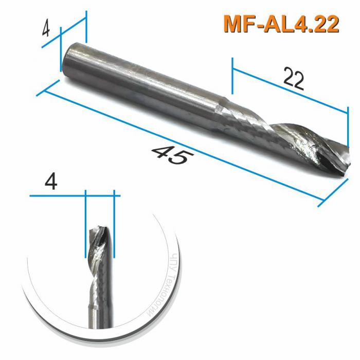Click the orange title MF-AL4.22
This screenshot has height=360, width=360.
[x=281, y=24]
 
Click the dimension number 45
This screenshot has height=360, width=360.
[x=170, y=155]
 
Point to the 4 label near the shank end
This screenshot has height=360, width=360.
[x=46, y=30]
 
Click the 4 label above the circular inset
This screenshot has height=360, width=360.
[x=51, y=182]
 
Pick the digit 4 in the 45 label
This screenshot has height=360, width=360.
[x=160, y=152]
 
